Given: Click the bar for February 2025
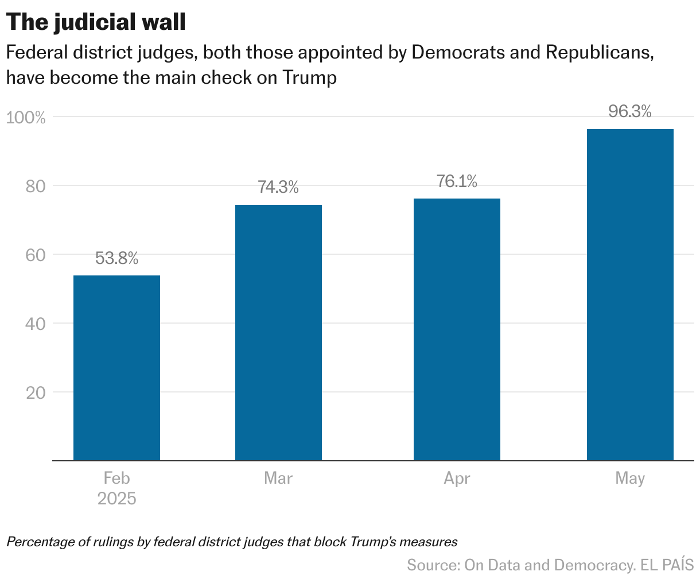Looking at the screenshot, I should pos(116,368).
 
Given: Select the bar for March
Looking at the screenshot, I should pos(278,333).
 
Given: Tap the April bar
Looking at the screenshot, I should pos(457,329).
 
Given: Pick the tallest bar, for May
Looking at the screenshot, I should pos(630,295).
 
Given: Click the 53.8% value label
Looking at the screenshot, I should pos(116,259).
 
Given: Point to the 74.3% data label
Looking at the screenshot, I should pos(278,188).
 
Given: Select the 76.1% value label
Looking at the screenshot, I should pos(457,182).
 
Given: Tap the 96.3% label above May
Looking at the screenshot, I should pos(630,112).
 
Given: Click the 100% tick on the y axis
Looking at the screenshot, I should pos(25,118).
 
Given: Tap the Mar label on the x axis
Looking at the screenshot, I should pos(278,479).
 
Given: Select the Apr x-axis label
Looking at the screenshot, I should pos(457,479).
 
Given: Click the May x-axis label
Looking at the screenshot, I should pos(630,479).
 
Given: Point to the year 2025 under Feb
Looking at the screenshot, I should pos(116,499).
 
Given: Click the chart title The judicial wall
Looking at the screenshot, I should pos(96,23).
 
